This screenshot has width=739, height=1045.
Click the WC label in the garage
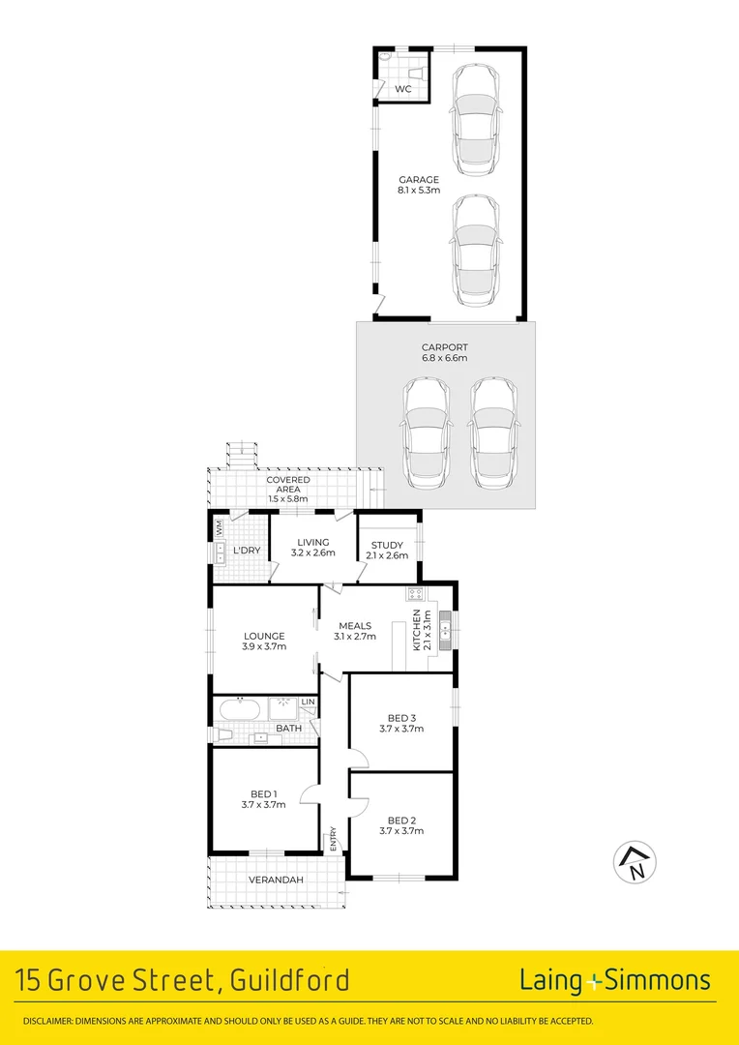tap(403, 89)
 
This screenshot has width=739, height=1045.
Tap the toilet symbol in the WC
tap(387, 60)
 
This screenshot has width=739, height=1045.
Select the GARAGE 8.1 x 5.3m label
tap(419, 185)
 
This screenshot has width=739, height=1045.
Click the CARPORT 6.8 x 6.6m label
tap(444, 352)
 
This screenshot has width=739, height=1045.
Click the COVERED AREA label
tap(288, 485)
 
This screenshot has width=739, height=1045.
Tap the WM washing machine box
tap(221, 528)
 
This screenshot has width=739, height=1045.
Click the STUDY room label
tap(387, 551)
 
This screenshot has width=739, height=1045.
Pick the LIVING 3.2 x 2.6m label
tap(313, 548)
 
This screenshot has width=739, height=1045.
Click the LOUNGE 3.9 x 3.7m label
tap(263, 642)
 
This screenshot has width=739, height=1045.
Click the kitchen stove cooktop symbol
tap(415, 593)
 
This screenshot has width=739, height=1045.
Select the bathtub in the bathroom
tap(238, 709)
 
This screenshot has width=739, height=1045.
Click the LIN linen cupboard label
tap(309, 702)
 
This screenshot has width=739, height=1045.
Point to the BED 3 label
tap(401, 723)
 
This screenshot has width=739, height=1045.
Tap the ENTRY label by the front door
tap(334, 837)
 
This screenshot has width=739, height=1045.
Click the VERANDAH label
tap(277, 880)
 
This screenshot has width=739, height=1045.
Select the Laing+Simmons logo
tap(615, 980)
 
